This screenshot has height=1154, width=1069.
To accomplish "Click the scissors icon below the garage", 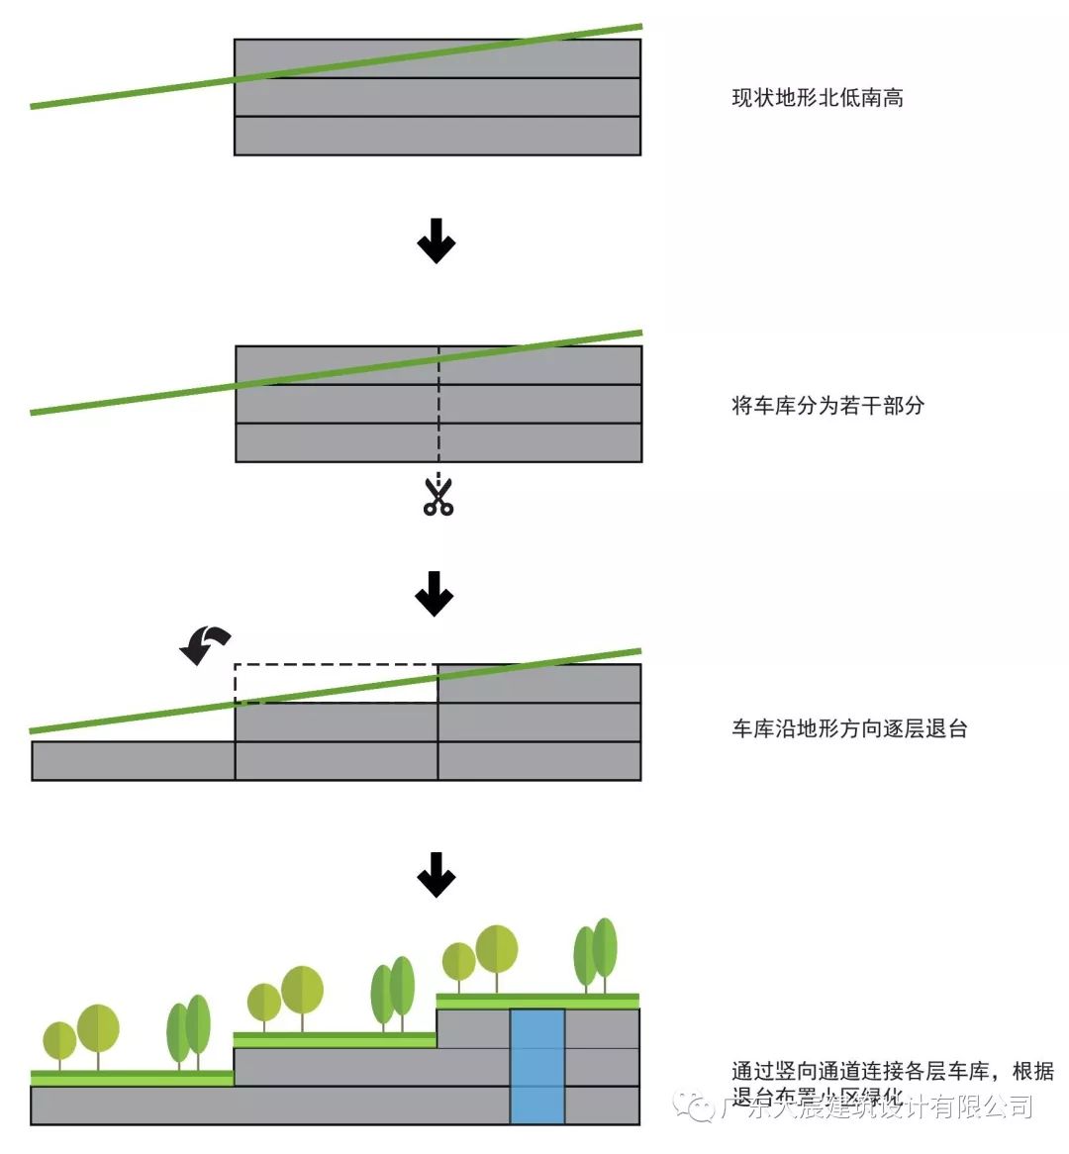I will click(437, 497).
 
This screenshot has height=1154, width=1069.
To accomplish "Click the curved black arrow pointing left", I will click(205, 644).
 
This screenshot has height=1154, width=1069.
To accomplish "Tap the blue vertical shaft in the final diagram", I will click(537, 1066).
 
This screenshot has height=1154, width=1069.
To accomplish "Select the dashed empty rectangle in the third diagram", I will click(336, 683).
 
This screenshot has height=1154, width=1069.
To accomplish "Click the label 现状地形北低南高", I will click(817, 98).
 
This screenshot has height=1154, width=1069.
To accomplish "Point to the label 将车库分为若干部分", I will click(827, 406).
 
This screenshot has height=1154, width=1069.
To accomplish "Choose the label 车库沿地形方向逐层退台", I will click(849, 729).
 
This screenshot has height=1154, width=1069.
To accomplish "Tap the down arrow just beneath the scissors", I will click(435, 594).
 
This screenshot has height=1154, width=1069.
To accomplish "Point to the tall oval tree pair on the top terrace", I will click(596, 952).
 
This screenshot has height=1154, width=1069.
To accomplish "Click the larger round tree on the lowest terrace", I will click(98, 1029).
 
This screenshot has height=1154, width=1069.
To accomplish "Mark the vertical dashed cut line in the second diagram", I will click(438, 406).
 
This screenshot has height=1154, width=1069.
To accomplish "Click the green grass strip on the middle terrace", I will click(335, 1039).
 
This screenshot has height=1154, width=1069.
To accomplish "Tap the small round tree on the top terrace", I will click(459, 961).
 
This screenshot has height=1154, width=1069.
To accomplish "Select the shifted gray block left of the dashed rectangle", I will click(133, 760).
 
